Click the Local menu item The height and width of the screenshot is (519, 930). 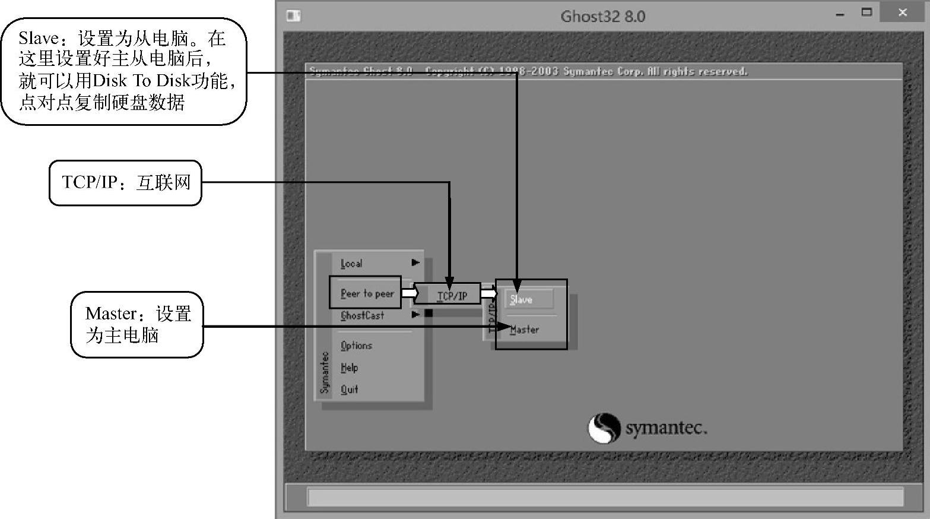click(x=351, y=263)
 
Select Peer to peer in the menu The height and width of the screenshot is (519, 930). click(x=367, y=293)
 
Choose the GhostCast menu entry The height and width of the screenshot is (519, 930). click(x=362, y=315)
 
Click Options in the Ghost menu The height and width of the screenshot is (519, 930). click(x=356, y=346)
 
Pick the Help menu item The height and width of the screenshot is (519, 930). click(x=350, y=368)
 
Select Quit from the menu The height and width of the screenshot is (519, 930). click(x=350, y=390)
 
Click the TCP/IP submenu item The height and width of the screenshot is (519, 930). click(x=452, y=295)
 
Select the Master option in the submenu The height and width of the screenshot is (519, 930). click(x=525, y=329)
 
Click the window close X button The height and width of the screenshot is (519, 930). click(x=903, y=12)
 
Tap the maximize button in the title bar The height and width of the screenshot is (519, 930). click(x=867, y=12)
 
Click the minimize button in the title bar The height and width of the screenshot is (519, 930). click(x=840, y=14)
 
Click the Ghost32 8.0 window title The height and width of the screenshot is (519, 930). click(x=602, y=16)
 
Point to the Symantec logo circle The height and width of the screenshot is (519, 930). click(x=604, y=428)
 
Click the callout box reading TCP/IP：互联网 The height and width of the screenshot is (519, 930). click(x=125, y=182)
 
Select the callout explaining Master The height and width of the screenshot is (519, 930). click(x=137, y=324)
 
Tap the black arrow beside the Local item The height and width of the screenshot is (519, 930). click(x=415, y=262)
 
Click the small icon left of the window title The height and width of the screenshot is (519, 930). click(x=294, y=15)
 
